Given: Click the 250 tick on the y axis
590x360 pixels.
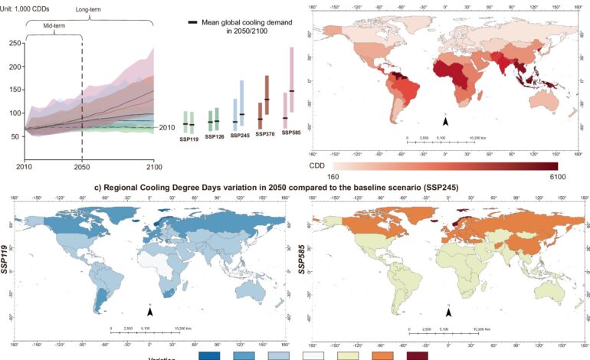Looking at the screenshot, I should point(15,43).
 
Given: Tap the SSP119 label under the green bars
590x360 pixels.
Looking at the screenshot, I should point(188,139).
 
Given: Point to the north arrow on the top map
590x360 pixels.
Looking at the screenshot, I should point(445,120).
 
